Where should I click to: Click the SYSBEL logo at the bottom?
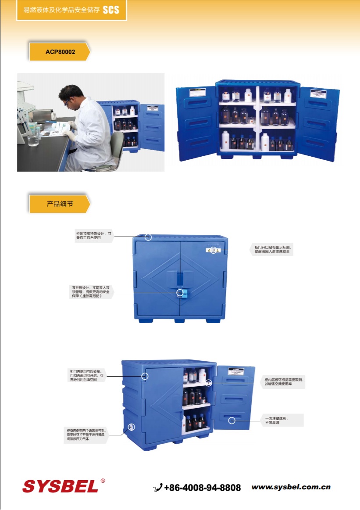[61, 486]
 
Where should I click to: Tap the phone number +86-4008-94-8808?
[202, 488]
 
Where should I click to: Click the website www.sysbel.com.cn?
[291, 487]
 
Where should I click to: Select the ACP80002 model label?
[60, 52]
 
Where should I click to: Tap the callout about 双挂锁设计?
[91, 292]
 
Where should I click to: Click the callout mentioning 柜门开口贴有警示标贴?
[272, 250]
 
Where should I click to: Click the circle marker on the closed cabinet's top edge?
[148, 237]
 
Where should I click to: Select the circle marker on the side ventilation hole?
[131, 427]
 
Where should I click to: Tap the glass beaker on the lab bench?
[32, 140]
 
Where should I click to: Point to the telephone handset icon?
[158, 488]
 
